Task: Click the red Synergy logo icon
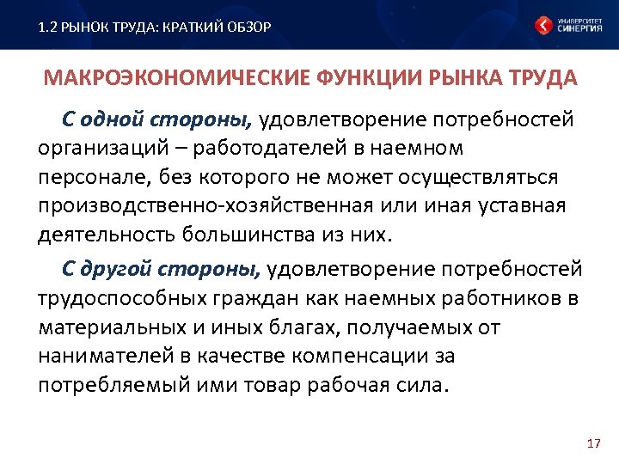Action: click(x=543, y=26)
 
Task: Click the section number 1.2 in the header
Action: click(x=48, y=27)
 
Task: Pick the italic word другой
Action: click(x=120, y=269)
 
